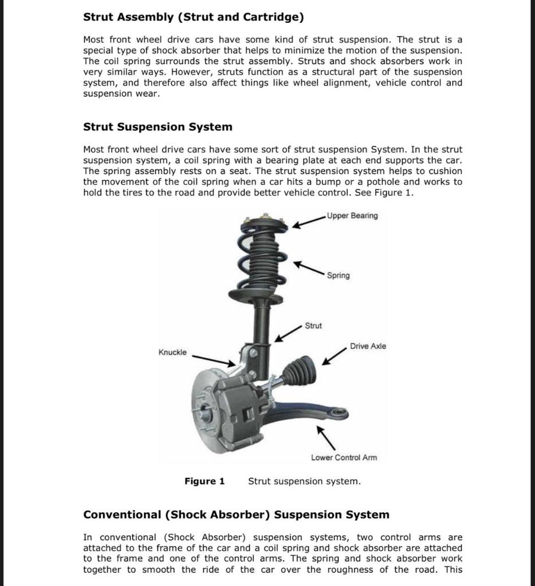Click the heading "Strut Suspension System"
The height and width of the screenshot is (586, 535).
(x=158, y=126)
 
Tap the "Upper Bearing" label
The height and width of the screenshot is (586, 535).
(x=352, y=216)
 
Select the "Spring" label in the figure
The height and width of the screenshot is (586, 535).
(x=338, y=275)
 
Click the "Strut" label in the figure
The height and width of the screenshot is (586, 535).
(x=313, y=326)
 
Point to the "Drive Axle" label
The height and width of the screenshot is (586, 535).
(x=368, y=346)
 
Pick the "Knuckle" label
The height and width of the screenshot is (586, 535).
(x=172, y=352)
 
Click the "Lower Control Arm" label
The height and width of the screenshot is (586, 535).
(x=344, y=457)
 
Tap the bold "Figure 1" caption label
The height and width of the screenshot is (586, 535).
(x=204, y=481)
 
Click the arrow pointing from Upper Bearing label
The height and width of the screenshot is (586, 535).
(x=309, y=221)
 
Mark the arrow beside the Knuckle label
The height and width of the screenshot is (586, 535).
(x=214, y=359)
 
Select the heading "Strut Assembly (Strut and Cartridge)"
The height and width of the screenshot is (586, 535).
(x=194, y=17)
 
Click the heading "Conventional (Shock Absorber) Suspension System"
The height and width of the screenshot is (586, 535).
(x=236, y=514)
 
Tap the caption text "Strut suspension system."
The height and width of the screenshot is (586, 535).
(x=304, y=481)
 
